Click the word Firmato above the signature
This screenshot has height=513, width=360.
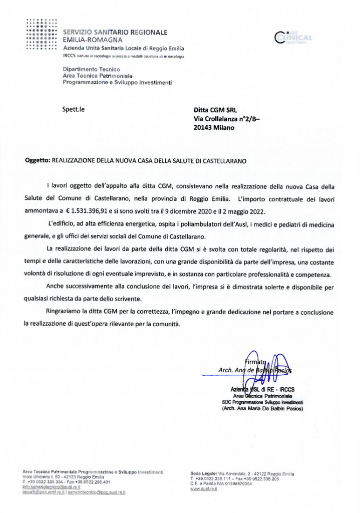click(254, 362)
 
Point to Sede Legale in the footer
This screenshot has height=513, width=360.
click(203, 473)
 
